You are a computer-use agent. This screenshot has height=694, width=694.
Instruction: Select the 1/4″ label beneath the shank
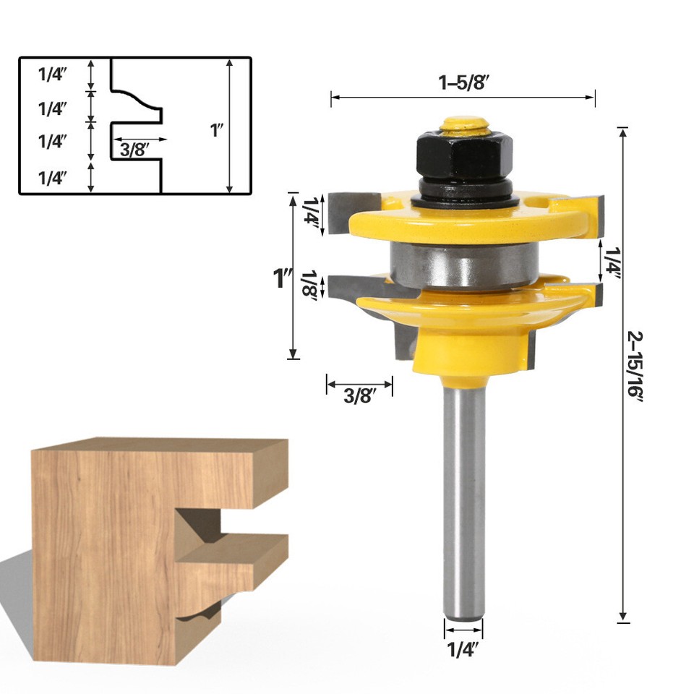pyautogui.click(x=463, y=649)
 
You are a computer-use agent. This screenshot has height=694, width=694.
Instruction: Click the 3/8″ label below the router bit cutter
pyautogui.click(x=359, y=396)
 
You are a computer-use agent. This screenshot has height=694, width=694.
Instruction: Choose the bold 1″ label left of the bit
pyautogui.click(x=282, y=278)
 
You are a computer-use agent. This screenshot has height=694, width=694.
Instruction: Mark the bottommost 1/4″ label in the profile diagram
pyautogui.click(x=52, y=178)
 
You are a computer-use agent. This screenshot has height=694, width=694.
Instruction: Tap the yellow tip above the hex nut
pyautogui.click(x=463, y=124)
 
